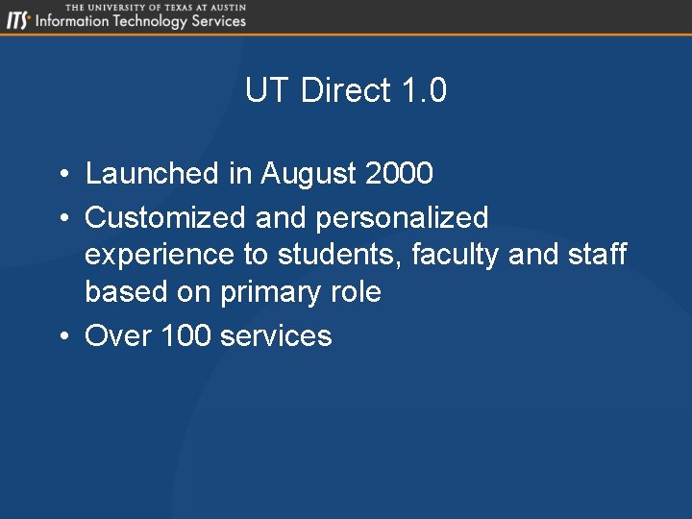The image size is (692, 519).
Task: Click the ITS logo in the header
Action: click(x=17, y=20)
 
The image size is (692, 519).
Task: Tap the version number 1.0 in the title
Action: click(x=424, y=90)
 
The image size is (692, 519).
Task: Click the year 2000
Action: click(x=400, y=174)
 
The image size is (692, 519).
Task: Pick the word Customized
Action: click(x=165, y=218)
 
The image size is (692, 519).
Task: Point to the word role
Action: click(x=356, y=292)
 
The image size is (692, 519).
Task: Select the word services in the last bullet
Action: click(x=276, y=335)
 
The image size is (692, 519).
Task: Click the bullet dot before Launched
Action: click(x=61, y=175)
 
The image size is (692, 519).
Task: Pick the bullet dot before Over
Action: click(x=61, y=336)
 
